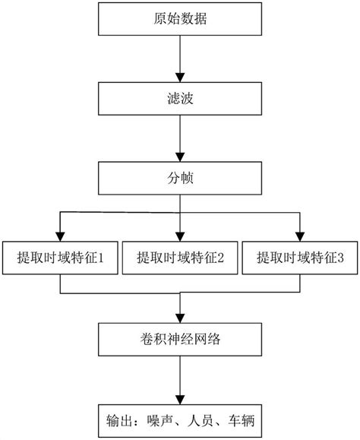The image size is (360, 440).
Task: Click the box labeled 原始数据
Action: click(x=180, y=17)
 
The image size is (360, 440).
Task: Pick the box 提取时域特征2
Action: click(x=180, y=258)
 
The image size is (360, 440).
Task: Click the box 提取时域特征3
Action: click(x=301, y=258)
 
